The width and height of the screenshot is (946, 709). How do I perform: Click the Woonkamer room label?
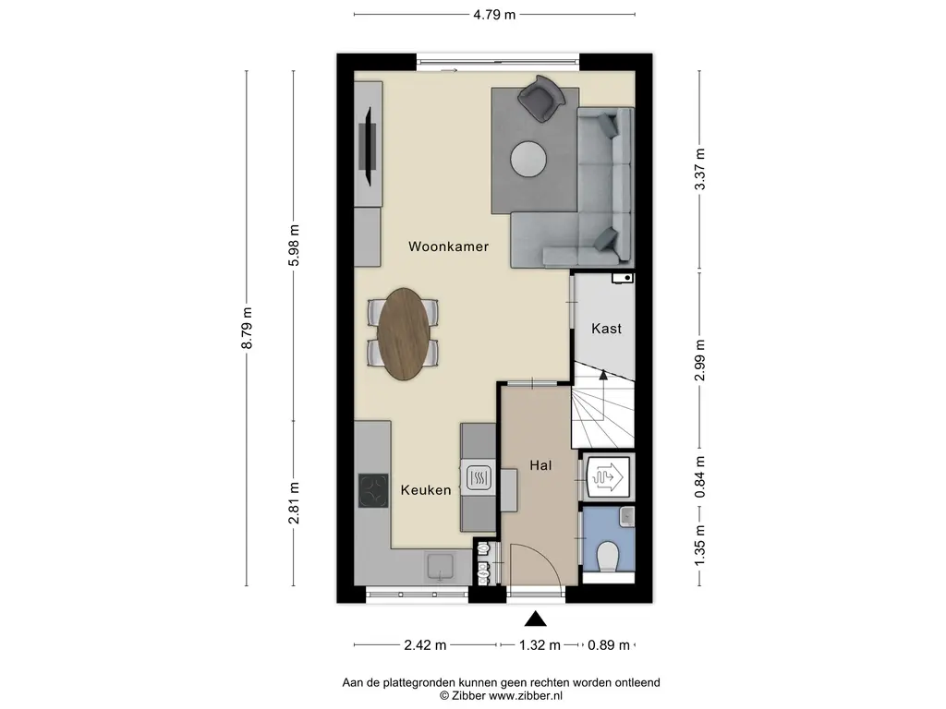[448, 246]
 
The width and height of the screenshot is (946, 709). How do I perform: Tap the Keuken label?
[426, 490]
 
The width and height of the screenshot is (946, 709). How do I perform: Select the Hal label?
[540, 465]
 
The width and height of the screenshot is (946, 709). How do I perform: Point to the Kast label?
[606, 329]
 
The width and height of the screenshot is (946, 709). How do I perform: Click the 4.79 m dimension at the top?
[494, 15]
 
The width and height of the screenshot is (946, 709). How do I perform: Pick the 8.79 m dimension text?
[247, 328]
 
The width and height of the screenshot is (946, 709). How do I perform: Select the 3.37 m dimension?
[700, 170]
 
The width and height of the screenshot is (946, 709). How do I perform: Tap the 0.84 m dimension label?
[700, 477]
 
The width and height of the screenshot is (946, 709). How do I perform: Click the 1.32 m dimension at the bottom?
[540, 645]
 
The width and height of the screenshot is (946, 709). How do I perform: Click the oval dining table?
[404, 334]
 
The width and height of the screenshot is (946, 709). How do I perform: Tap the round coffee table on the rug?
[529, 160]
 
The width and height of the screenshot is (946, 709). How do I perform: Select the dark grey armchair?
[540, 98]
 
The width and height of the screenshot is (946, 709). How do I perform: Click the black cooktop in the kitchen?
[373, 491]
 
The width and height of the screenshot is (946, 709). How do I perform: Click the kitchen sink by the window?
[441, 567]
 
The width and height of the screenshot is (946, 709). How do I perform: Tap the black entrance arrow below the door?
[535, 619]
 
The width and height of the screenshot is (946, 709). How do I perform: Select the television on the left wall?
[368, 147]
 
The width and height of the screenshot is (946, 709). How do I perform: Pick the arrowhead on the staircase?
[602, 375]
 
